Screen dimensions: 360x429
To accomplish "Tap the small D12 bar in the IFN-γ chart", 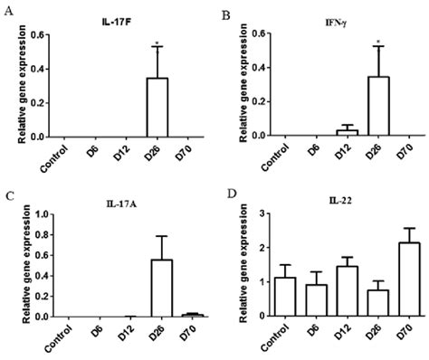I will pos(347,132).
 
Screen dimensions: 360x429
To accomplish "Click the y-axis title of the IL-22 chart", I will pos(237,264).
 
